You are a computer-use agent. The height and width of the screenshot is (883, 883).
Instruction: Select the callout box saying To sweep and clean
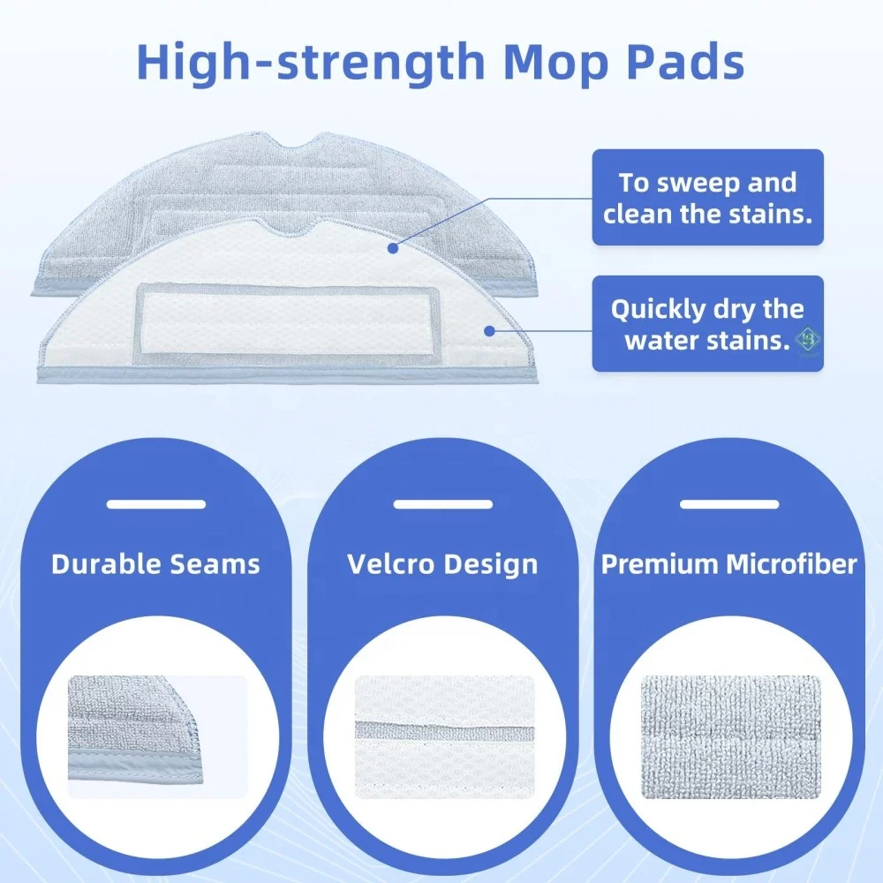tap(707, 198)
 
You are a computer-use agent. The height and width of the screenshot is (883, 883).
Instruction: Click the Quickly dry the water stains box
tap(707, 323)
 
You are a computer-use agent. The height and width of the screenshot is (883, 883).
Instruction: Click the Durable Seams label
tap(156, 564)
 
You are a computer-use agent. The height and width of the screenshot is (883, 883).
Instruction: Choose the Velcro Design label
tap(442, 564)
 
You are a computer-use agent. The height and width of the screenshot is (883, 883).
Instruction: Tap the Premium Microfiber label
tap(729, 564)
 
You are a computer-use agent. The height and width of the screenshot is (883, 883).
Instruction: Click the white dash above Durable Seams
tap(155, 504)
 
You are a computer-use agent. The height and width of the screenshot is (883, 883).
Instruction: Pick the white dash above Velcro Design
tap(442, 504)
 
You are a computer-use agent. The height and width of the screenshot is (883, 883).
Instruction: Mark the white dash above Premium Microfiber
tap(729, 504)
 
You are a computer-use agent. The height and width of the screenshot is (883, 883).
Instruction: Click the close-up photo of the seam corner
tap(156, 736)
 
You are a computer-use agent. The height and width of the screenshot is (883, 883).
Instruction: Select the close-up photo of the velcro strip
tap(445, 736)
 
